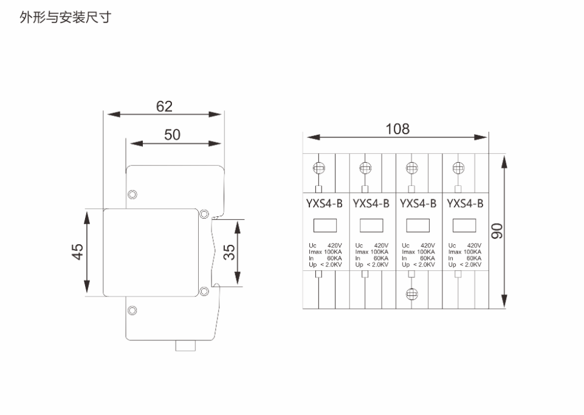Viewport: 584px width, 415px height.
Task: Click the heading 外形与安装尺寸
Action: tap(66, 17)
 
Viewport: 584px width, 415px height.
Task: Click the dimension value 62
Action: tap(164, 106)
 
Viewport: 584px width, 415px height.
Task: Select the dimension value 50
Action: tap(172, 135)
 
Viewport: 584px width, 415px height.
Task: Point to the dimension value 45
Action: tap(77, 252)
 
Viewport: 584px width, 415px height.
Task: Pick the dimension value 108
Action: tap(397, 129)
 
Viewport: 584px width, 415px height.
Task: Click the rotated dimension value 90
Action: tap(497, 231)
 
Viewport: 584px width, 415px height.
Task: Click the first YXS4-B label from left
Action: tap(324, 204)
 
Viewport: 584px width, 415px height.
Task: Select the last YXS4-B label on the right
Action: tap(465, 204)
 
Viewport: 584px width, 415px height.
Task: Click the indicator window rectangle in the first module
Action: tap(325, 225)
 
